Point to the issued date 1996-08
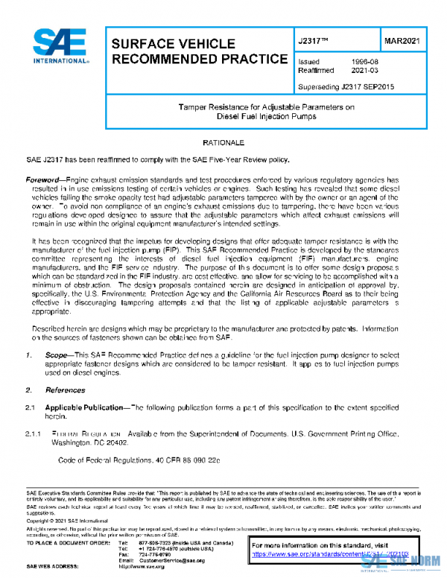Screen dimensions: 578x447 point(363,63)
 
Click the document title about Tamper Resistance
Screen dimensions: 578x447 point(267,112)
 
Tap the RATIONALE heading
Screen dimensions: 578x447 point(223,142)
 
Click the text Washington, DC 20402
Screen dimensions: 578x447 point(92,442)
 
